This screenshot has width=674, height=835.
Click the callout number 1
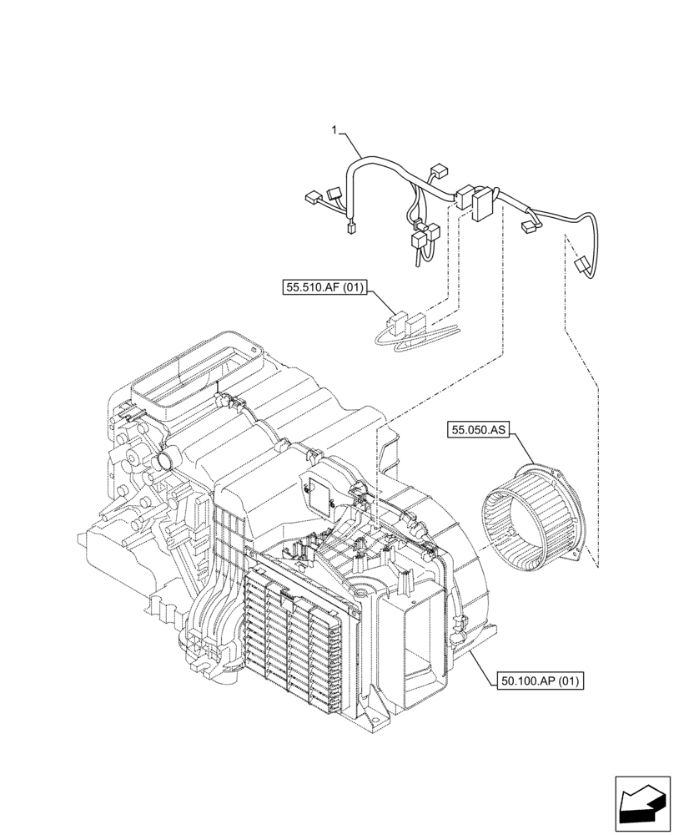coord(334,130)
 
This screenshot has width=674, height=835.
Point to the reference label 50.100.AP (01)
coord(540,681)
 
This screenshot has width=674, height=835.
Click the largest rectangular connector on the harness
coord(482,205)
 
